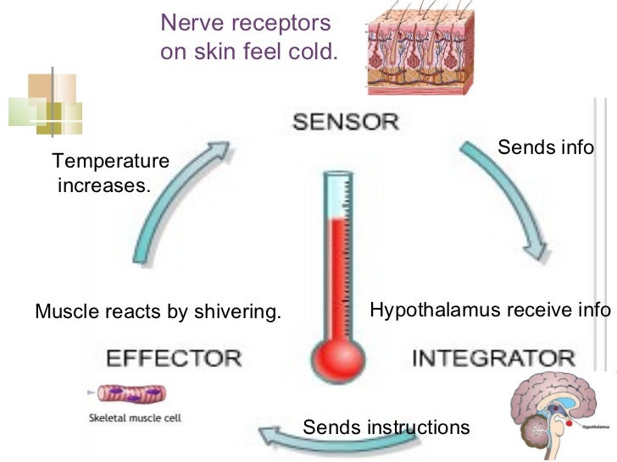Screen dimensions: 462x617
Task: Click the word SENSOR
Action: point(345,121)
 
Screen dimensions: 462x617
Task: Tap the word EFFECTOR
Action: point(174,356)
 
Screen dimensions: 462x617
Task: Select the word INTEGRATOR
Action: point(493,357)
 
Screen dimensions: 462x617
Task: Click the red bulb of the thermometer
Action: point(337,356)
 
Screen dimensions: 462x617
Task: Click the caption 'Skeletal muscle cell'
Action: point(135,417)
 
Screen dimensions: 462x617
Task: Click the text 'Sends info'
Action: point(545,147)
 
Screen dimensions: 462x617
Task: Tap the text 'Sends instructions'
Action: point(386,427)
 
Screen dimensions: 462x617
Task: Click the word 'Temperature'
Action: point(110,161)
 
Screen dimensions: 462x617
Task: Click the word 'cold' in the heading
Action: point(317,52)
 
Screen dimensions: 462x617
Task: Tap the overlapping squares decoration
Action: point(45,103)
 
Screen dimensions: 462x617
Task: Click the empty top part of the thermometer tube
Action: point(337,195)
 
